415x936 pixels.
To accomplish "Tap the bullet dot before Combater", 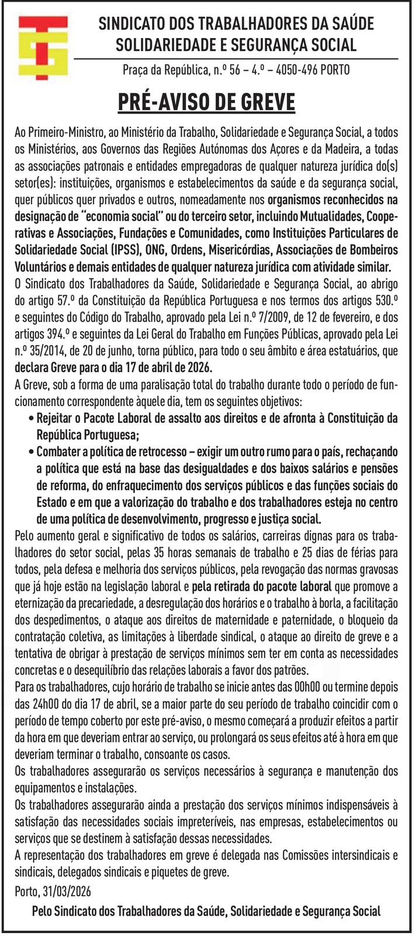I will point(30,452).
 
